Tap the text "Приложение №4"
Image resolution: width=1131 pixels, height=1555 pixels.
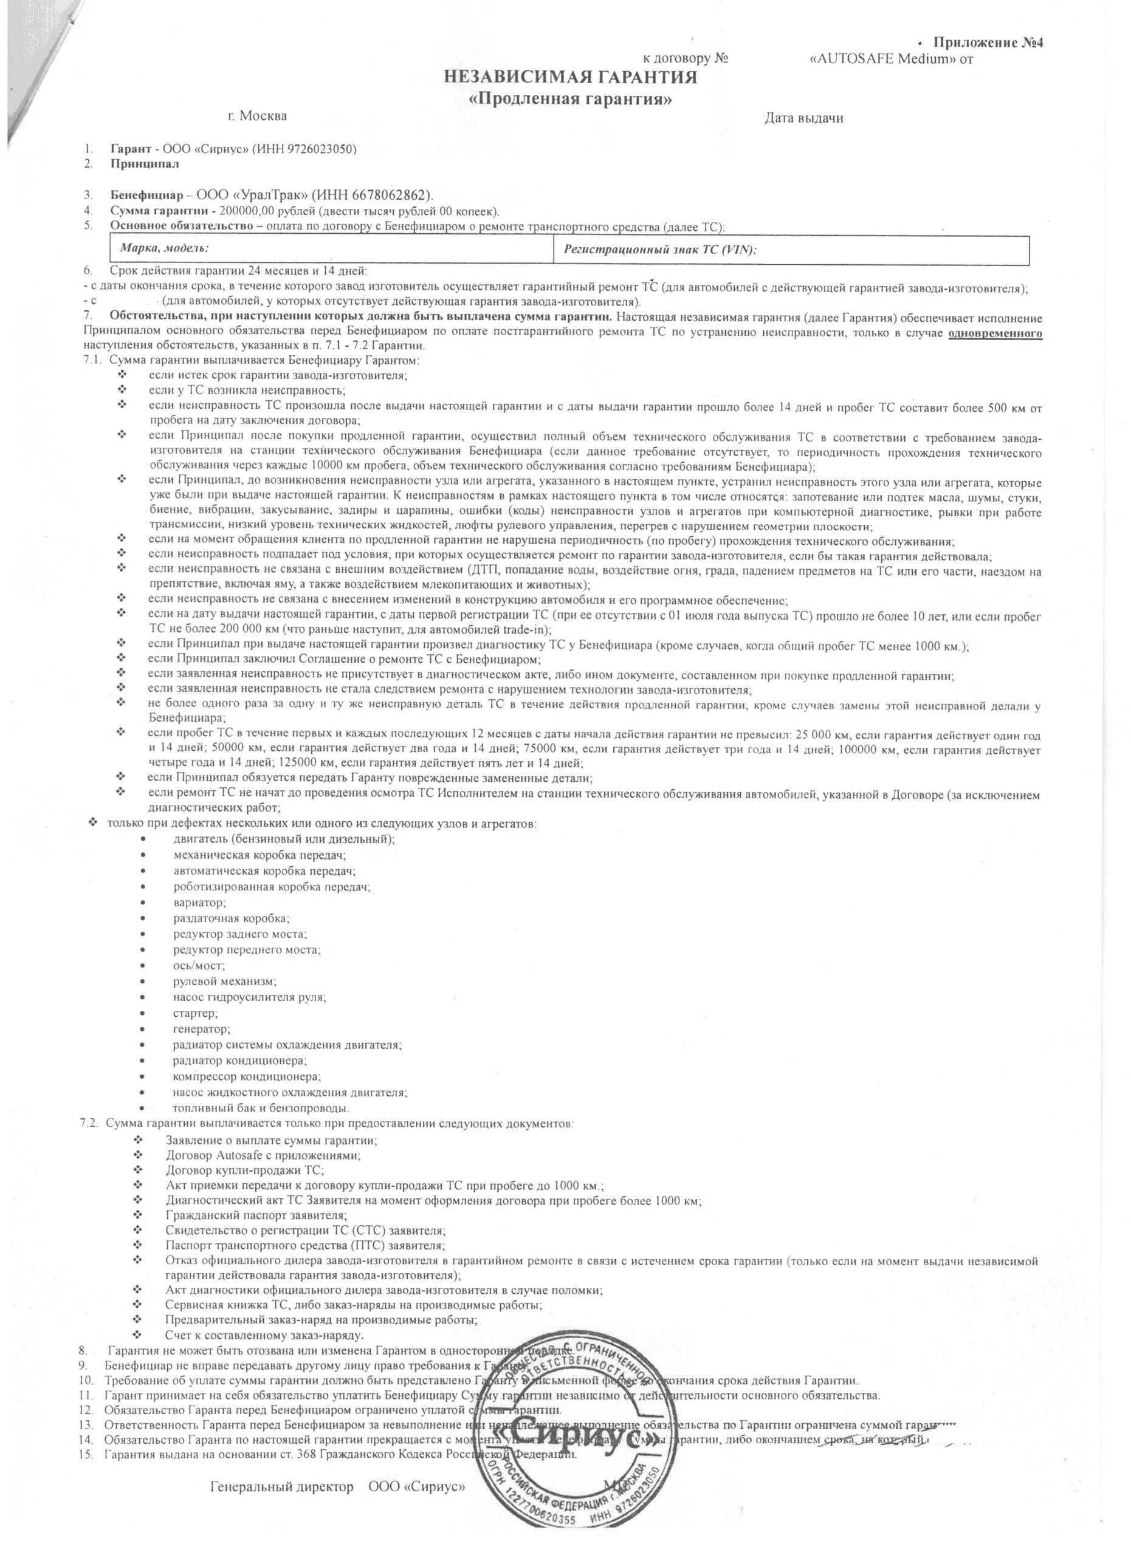(x=987, y=43)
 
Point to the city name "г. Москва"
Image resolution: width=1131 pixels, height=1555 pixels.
(x=257, y=116)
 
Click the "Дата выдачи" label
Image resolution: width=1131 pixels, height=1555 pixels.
(x=803, y=118)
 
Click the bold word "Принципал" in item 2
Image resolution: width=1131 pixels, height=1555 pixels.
(x=145, y=164)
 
